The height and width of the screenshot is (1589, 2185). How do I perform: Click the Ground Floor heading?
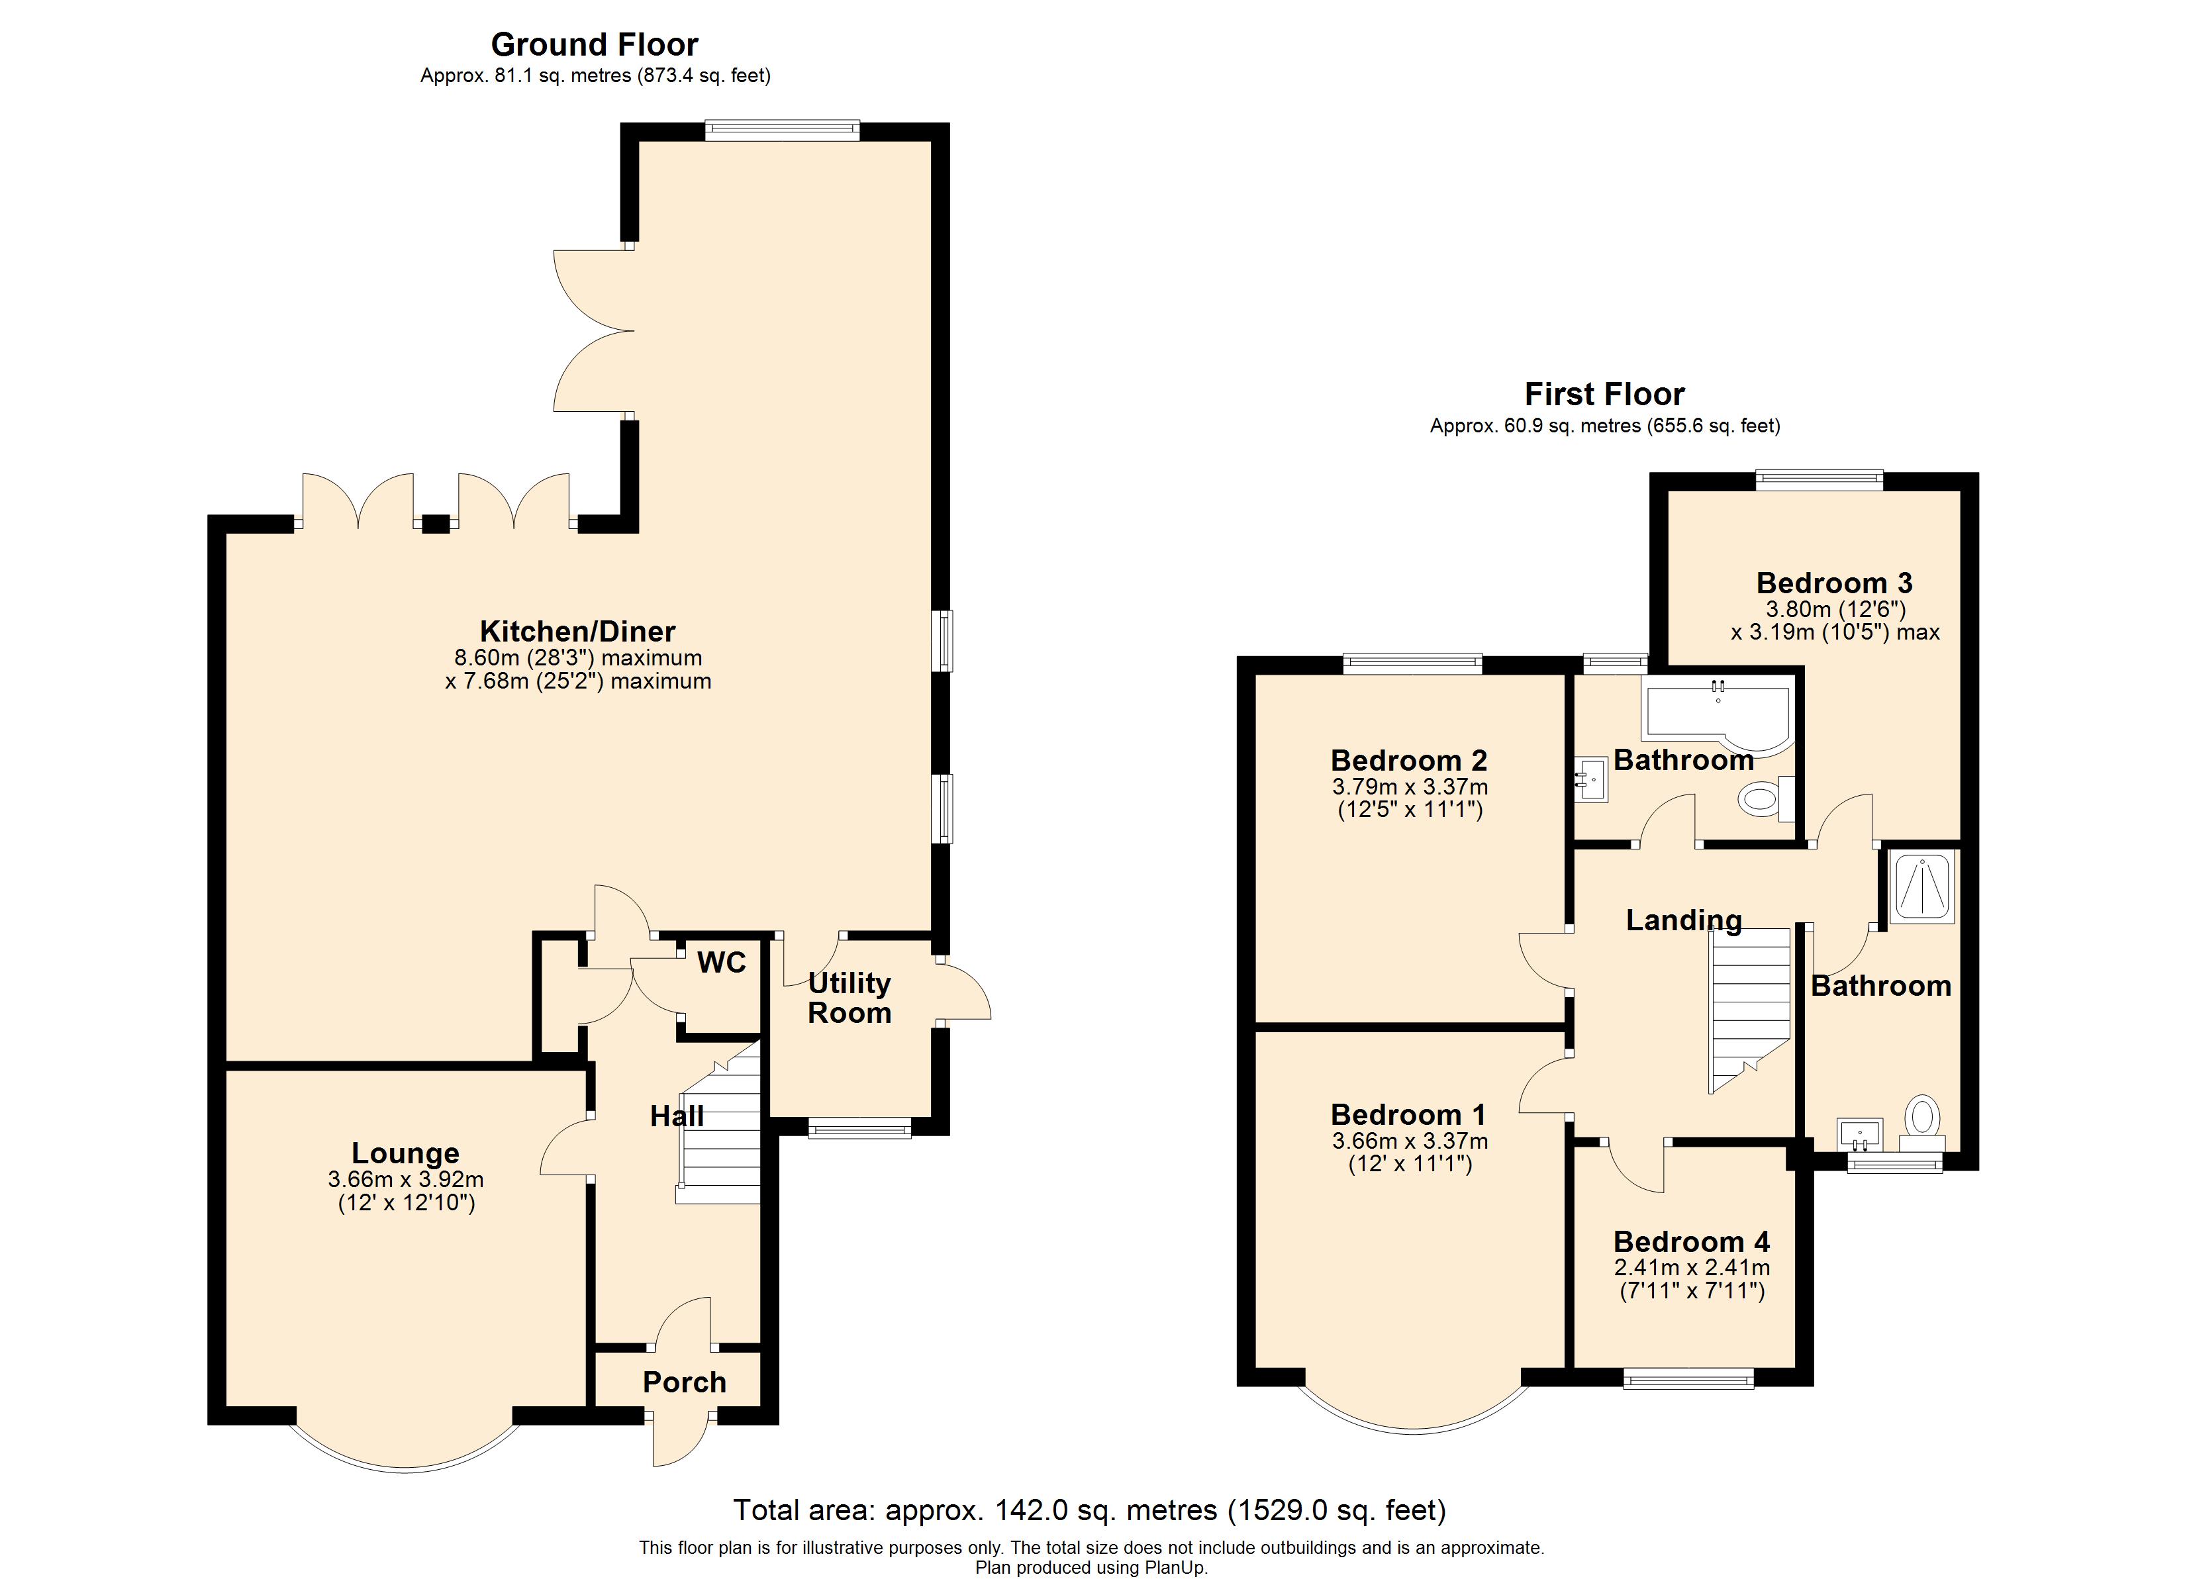point(595,44)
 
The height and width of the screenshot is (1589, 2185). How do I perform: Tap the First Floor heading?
point(1604,394)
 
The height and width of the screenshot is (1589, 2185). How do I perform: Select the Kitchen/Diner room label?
point(578,631)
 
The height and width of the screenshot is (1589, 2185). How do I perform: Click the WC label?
point(722,962)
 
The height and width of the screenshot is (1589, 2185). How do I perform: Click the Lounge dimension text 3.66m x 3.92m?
point(406,1179)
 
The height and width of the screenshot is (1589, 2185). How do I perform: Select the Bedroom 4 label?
point(1692,1241)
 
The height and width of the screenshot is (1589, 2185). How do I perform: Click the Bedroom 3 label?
point(1834,583)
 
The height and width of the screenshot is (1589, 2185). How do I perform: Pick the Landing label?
point(1684,920)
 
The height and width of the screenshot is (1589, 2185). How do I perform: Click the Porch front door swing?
point(680,1441)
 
